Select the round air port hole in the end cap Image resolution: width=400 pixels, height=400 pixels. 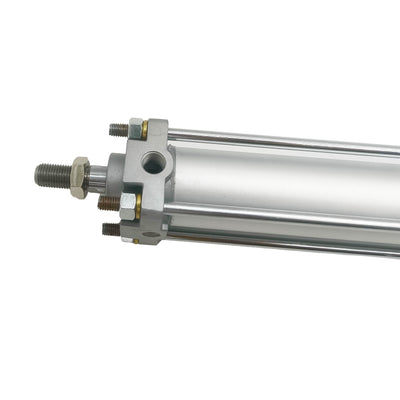pyautogui.click(x=152, y=161)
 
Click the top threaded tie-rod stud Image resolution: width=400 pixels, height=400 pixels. pyautogui.click(x=118, y=130)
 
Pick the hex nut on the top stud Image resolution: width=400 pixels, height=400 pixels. pyautogui.click(x=134, y=129)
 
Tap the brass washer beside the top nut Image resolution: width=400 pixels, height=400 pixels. pyautogui.click(x=144, y=130)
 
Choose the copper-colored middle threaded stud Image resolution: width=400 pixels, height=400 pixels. pyautogui.click(x=108, y=203)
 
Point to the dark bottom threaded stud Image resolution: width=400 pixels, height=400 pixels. pyautogui.click(x=110, y=229)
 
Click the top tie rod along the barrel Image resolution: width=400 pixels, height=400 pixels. pyautogui.click(x=280, y=139)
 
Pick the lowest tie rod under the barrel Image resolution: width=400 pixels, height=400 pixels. pyautogui.click(x=280, y=244)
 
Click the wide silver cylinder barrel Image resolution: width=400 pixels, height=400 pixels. pyautogui.click(x=290, y=180)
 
